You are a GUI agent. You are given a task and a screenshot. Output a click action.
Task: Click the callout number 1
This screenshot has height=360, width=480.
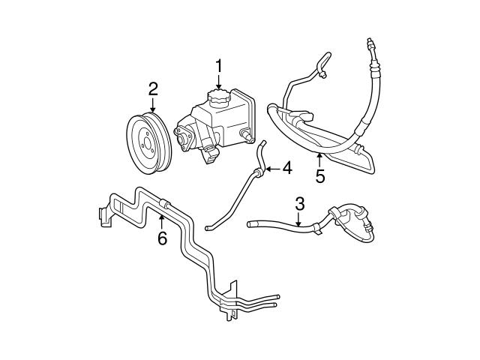coord(219,65)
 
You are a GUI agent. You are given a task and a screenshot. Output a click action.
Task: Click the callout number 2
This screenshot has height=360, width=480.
coord(153,89)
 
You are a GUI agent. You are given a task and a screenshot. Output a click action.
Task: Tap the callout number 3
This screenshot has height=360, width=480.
coord(299,202)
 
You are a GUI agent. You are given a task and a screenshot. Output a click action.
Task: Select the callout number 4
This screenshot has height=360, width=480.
coord(286,169)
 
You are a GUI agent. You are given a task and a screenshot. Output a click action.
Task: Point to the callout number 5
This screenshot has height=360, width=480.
coord(319,178)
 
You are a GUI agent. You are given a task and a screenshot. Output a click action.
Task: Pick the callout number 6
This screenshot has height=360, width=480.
coord(161,238)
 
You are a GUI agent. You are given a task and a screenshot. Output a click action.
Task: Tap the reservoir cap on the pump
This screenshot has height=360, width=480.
coord(220,99)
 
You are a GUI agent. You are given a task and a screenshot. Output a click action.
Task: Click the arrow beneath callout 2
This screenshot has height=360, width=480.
coord(153,105)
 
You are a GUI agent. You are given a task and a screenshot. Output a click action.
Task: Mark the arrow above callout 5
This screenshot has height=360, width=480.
coord(319,160)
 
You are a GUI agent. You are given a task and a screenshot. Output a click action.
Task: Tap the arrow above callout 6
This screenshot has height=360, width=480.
coord(161,221)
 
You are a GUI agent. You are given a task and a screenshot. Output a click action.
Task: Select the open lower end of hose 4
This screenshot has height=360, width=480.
coord(207,228)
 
